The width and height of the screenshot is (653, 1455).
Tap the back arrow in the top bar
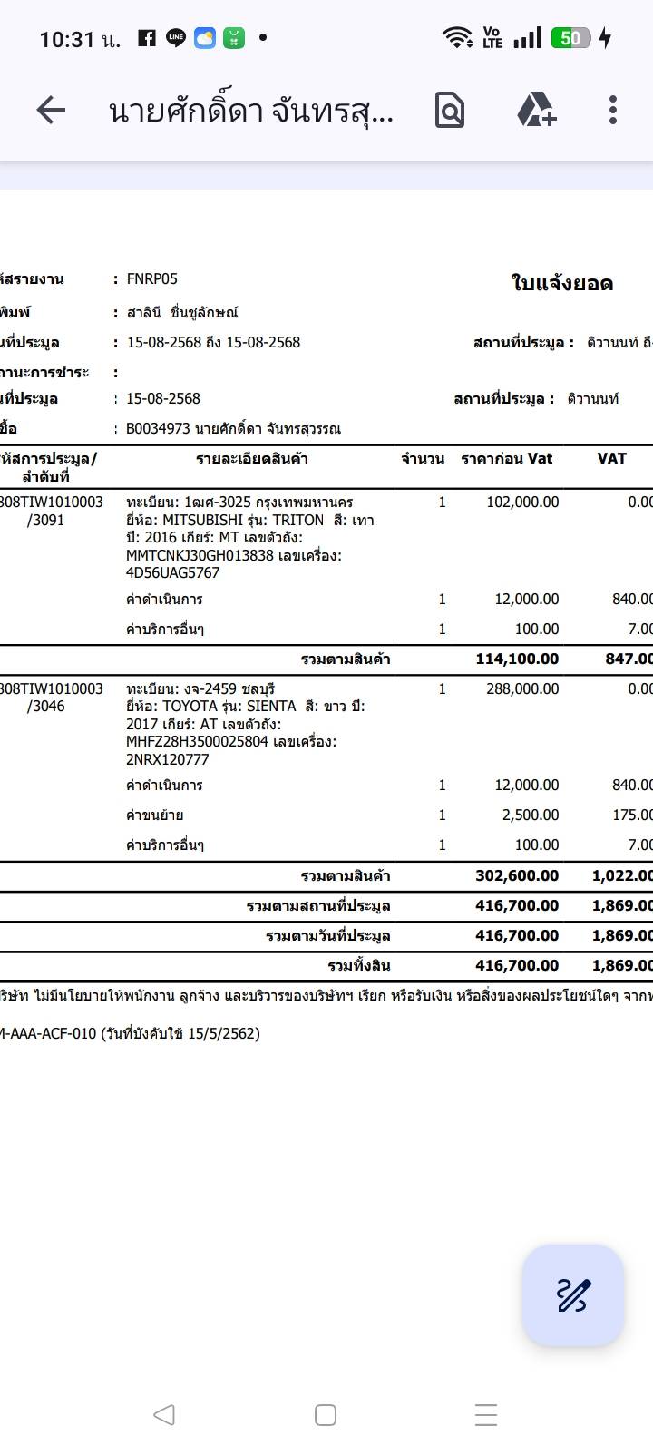click(51, 111)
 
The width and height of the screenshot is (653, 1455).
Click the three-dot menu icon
click(613, 110)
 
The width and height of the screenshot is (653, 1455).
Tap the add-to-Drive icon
click(536, 110)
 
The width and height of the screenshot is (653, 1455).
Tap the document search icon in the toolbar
click(450, 111)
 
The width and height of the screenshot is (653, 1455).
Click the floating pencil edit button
click(572, 1294)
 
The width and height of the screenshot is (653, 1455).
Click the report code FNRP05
click(152, 278)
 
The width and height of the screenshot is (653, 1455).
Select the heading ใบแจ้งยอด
click(562, 283)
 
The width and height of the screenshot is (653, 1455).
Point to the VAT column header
click(611, 458)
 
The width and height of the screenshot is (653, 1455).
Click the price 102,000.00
click(522, 502)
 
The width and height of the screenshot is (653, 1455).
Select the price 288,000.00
click(522, 688)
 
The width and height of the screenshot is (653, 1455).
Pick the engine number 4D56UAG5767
click(172, 572)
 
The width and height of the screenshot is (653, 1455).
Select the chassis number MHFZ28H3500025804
click(197, 741)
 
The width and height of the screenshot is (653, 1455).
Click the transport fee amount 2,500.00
click(531, 815)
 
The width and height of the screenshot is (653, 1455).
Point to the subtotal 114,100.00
click(517, 659)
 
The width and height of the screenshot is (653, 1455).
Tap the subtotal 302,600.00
click(517, 875)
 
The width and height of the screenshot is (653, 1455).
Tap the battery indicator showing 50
click(570, 38)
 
